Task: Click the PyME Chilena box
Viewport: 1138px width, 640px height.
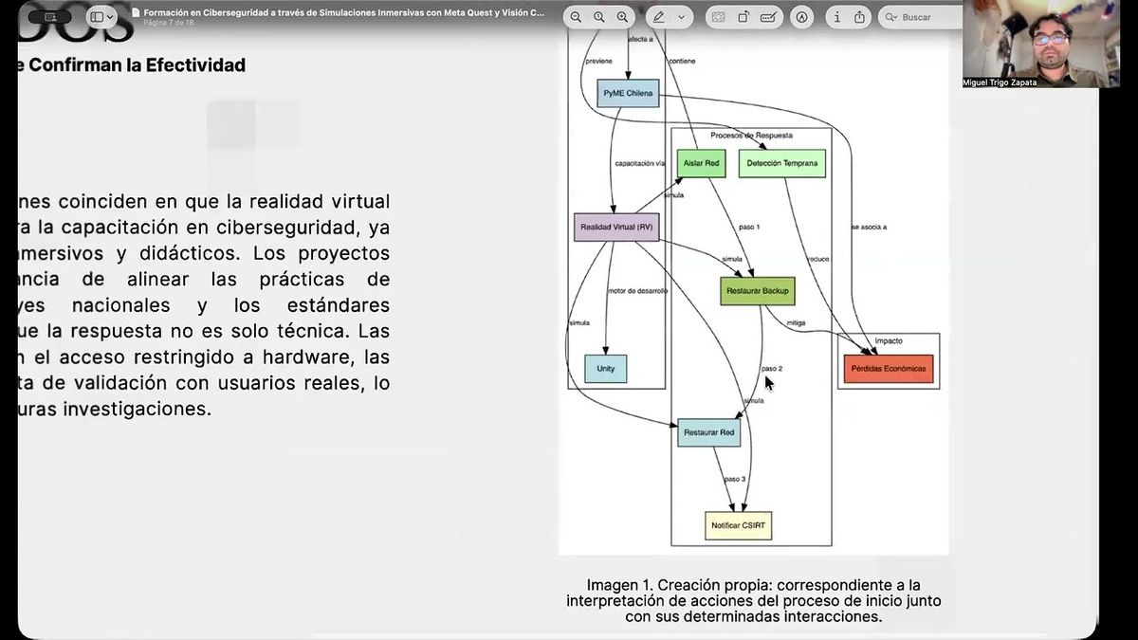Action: point(628,93)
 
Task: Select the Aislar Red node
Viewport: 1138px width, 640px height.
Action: point(701,163)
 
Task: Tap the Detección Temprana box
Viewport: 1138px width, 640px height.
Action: point(781,163)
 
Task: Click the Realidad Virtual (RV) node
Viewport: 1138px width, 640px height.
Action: point(616,228)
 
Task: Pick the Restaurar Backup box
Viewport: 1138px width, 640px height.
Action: point(756,290)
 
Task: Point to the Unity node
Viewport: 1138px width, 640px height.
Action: point(606,368)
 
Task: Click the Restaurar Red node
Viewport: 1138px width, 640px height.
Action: point(709,432)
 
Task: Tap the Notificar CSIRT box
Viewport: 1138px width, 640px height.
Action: point(738,525)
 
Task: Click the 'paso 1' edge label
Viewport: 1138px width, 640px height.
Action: point(749,228)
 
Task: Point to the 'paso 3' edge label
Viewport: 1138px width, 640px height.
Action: point(736,479)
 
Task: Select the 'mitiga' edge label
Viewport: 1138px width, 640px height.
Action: point(796,323)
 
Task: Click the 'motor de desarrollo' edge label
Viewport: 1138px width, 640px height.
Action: point(637,291)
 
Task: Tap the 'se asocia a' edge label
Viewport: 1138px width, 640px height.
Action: point(869,228)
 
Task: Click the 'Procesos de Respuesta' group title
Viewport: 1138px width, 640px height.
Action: point(751,136)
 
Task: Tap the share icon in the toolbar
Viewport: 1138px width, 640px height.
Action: point(859,17)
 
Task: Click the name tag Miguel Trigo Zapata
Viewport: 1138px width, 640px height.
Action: point(1000,82)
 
